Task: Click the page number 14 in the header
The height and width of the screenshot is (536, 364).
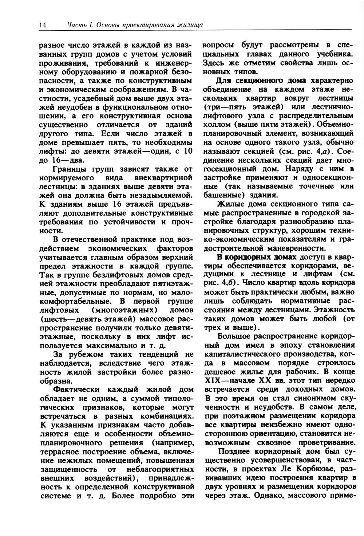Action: pos(41,25)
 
